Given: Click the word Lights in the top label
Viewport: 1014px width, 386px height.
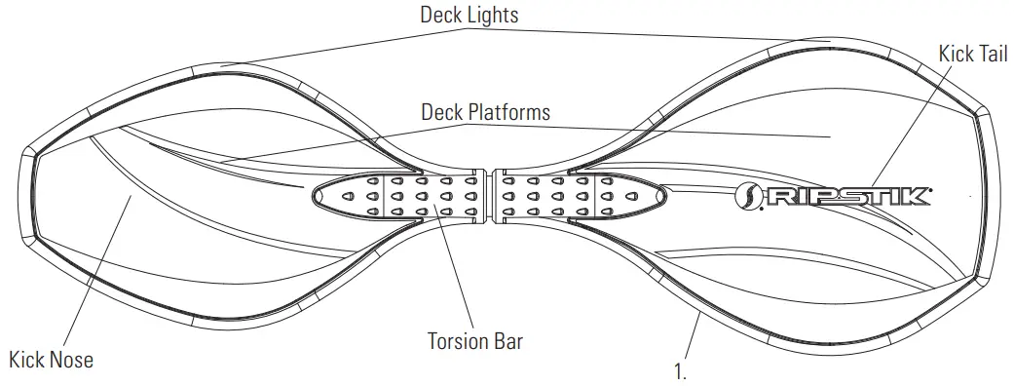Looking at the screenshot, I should click(493, 15).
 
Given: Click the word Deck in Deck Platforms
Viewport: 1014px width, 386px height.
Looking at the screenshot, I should click(442, 112).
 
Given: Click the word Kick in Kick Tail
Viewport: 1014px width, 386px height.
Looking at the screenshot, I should click(957, 53).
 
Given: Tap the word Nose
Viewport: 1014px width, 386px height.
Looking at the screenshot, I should click(72, 360).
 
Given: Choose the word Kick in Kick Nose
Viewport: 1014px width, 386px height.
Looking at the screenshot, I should click(27, 360).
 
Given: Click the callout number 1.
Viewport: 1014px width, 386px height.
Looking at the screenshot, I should click(680, 370).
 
